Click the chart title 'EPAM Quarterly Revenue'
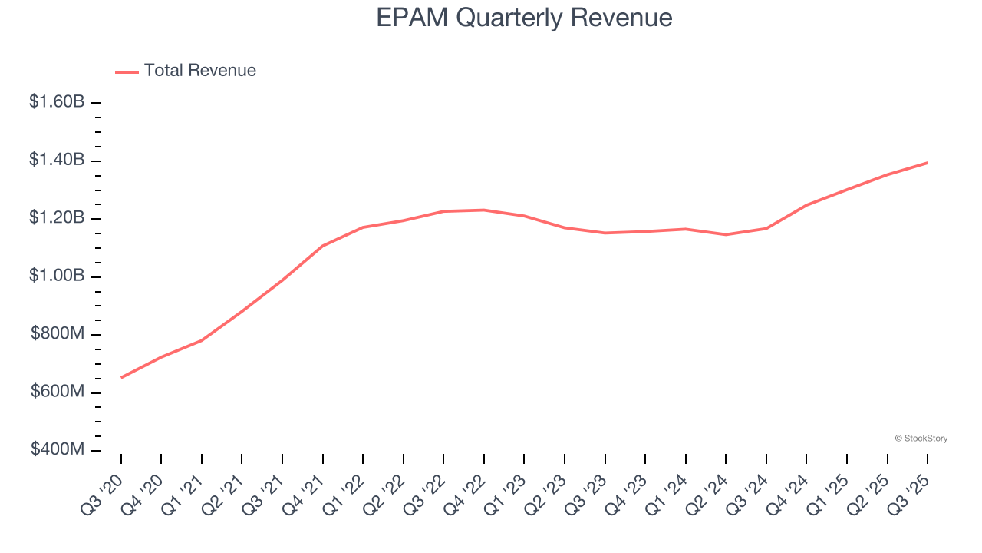[524, 17]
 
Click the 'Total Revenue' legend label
[199, 71]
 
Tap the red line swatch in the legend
[127, 71]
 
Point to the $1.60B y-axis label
[57, 101]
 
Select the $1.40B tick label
[57, 160]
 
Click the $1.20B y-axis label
[57, 217]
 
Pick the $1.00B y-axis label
[57, 276]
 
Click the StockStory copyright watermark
[921, 439]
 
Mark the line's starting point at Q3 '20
[121, 377]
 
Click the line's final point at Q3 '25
[928, 163]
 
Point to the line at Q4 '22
[484, 210]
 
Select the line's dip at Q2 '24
[726, 234]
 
